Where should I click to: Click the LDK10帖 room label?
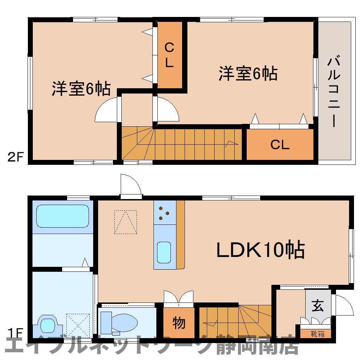tap(260, 250)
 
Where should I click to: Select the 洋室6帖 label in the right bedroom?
tap(248, 73)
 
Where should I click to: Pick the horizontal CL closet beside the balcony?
tap(280, 144)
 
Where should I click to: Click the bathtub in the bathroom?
tap(62, 216)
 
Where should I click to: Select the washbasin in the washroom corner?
tap(47, 324)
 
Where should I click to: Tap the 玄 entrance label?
tap(318, 306)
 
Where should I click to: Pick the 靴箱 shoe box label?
tap(317, 334)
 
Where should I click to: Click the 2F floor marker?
tap(16, 157)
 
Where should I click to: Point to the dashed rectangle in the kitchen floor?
tap(125, 222)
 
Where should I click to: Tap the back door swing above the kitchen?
tap(131, 184)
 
